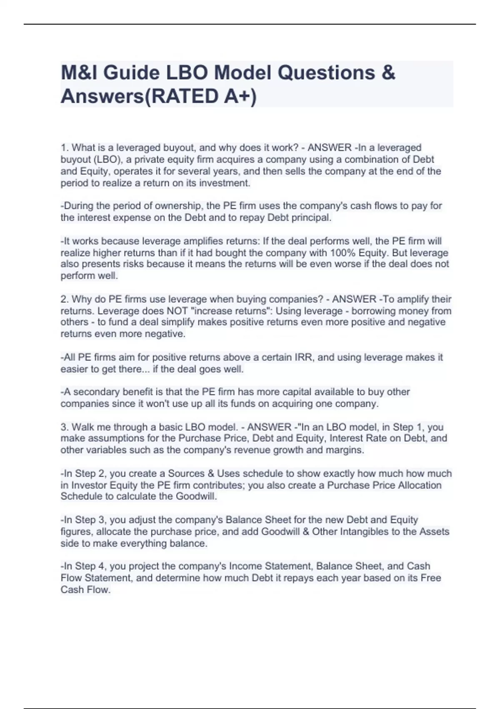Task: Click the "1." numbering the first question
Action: (65, 148)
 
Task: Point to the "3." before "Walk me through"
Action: (65, 427)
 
